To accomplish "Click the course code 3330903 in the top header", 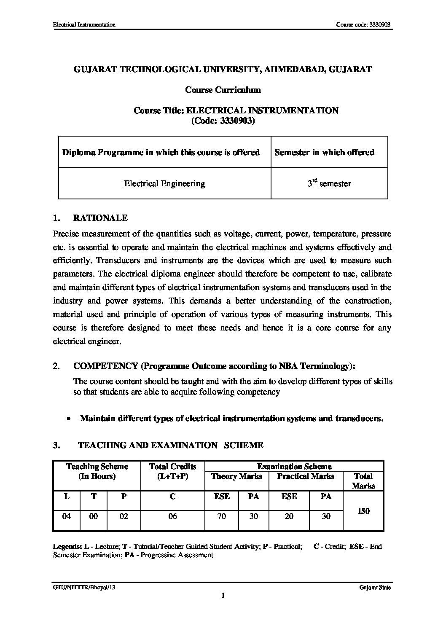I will [x=380, y=25].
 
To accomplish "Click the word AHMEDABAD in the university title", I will [x=291, y=69].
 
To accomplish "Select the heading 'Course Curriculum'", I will [x=223, y=90].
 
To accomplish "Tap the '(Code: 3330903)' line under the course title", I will [x=223, y=121].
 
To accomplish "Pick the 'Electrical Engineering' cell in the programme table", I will [x=164, y=183].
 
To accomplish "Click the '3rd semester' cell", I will [x=329, y=183].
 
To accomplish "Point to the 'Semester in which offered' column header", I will [x=324, y=152].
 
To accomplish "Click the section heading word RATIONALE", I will [x=100, y=218].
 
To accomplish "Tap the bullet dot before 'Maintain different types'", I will [x=68, y=419].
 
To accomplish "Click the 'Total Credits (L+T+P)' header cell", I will [x=172, y=471].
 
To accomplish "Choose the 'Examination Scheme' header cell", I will [x=294, y=466].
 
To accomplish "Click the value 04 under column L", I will [x=66, y=516].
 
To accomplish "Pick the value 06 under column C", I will [x=172, y=516].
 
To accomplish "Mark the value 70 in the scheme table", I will [x=221, y=516].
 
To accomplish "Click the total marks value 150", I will [x=363, y=511].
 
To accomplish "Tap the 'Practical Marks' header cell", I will [x=306, y=476].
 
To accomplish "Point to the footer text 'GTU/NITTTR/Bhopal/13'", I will [x=84, y=588].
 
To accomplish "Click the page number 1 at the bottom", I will [x=223, y=595].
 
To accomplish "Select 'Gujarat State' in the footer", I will [x=375, y=588].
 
